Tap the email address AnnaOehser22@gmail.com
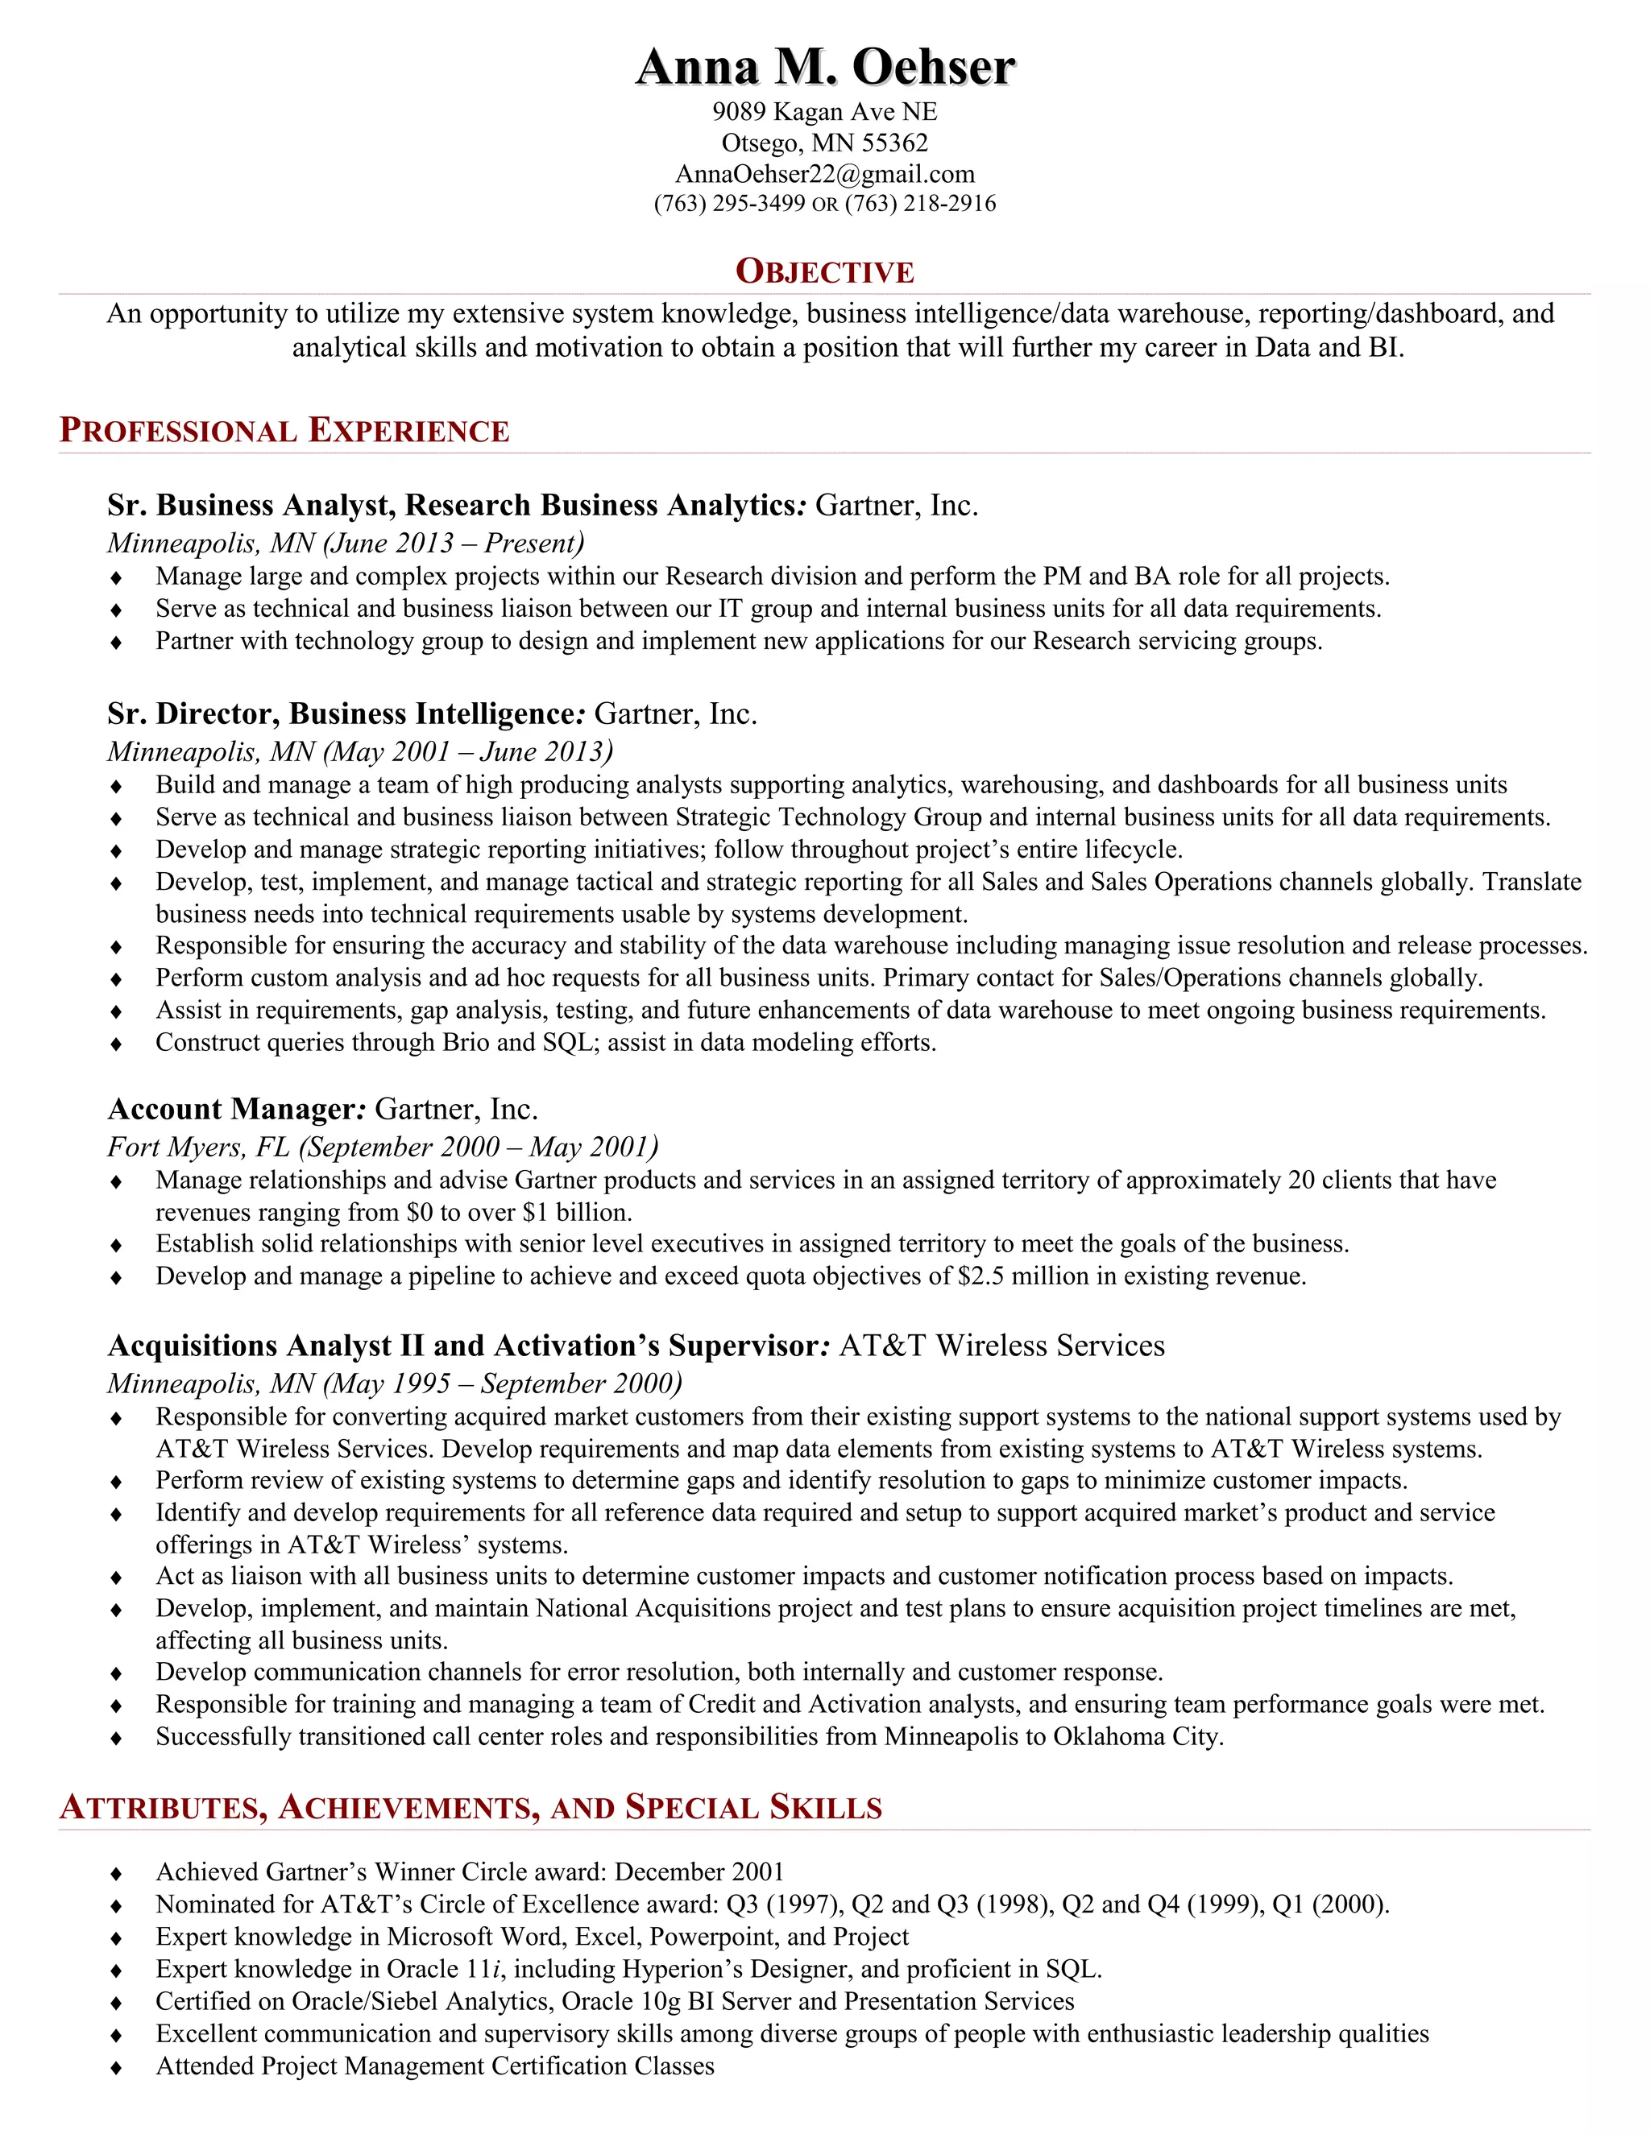[825, 174]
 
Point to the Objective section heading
[825, 271]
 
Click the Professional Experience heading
[284, 430]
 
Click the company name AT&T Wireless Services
[1002, 1346]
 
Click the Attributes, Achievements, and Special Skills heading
[471, 1808]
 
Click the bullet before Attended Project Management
[116, 2067]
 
